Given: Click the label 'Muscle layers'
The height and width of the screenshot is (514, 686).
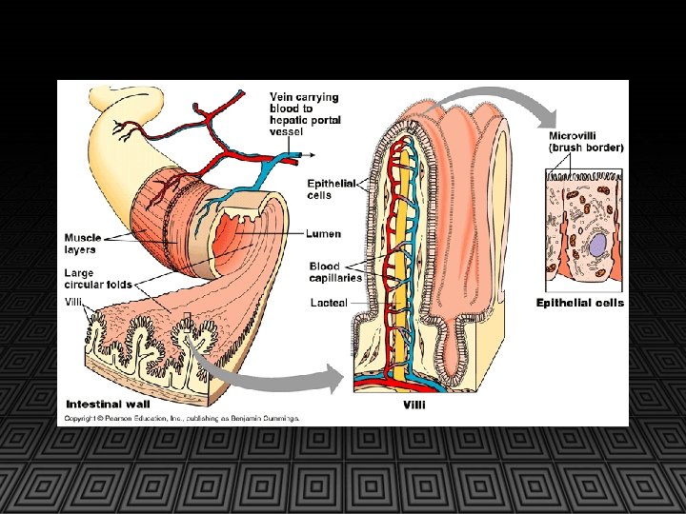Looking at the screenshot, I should [82, 243].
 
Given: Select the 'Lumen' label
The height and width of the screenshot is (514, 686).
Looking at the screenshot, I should [324, 233].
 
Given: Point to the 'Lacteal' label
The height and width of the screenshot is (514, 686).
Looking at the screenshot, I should [328, 302].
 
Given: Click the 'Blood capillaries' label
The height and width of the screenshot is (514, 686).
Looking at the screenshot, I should [335, 271].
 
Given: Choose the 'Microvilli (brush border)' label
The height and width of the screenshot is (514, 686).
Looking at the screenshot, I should [585, 142].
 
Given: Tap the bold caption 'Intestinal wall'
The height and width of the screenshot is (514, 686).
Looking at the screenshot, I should [108, 404].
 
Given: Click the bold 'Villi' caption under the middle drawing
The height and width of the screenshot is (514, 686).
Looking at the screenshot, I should [414, 405].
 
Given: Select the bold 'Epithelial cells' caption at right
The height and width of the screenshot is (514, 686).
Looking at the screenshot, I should [579, 303].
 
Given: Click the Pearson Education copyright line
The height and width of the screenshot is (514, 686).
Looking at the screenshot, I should [181, 418].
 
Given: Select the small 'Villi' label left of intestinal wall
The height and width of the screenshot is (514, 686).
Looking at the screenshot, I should [74, 302].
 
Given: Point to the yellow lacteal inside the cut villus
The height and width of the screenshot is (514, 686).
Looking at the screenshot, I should [407, 238].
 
